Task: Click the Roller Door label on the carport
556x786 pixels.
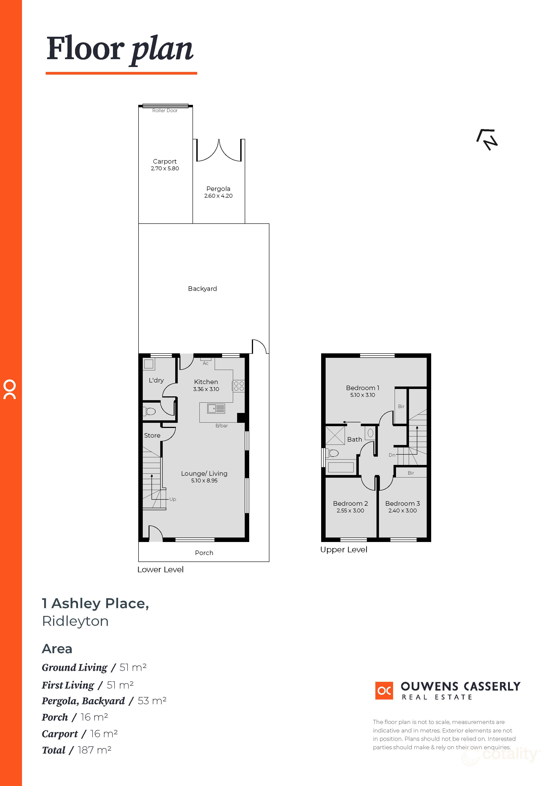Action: pyautogui.click(x=165, y=111)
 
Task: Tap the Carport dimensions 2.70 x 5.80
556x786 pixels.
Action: pyautogui.click(x=165, y=168)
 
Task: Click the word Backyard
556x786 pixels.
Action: pyautogui.click(x=202, y=289)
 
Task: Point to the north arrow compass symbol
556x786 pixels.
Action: pyautogui.click(x=487, y=139)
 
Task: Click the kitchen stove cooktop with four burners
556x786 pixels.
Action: pyautogui.click(x=239, y=386)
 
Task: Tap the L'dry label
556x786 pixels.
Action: pyautogui.click(x=156, y=380)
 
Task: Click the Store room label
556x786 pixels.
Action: pyautogui.click(x=152, y=435)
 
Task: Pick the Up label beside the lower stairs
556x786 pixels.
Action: pyautogui.click(x=173, y=499)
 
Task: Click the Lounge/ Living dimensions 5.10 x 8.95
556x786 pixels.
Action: pyautogui.click(x=204, y=481)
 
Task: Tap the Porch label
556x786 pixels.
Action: pyautogui.click(x=204, y=553)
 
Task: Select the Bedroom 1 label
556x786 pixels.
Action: pyautogui.click(x=363, y=388)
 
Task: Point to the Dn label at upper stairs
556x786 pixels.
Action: pyautogui.click(x=392, y=455)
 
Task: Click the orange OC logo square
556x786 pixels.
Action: pyautogui.click(x=384, y=691)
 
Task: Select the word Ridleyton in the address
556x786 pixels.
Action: pyautogui.click(x=75, y=621)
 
